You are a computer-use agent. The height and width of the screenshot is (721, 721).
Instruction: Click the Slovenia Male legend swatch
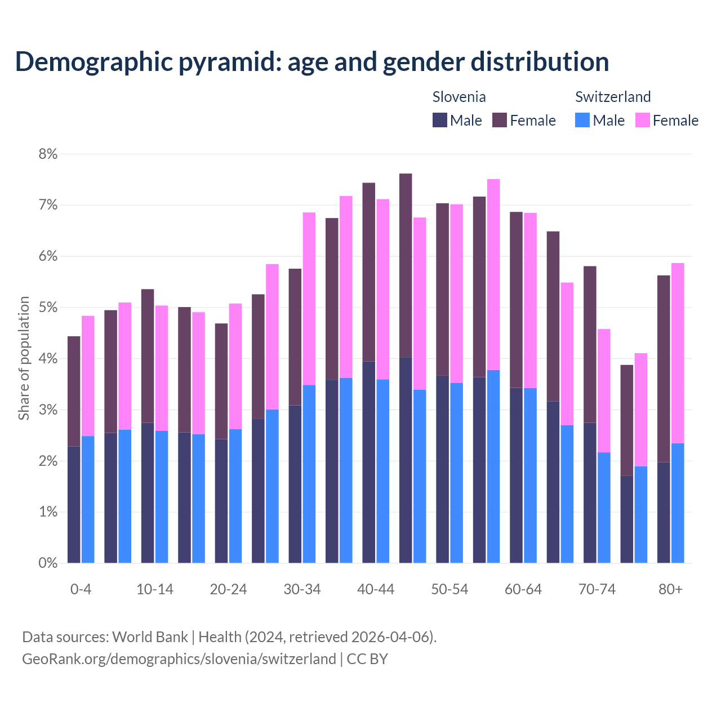coord(439,120)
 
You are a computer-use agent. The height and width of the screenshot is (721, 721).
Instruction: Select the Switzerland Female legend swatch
coord(642,120)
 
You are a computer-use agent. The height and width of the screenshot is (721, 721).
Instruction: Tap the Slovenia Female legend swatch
coord(500,120)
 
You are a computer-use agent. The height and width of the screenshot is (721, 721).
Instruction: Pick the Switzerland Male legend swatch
coord(582,120)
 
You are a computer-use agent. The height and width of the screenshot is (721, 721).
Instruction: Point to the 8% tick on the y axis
coord(48,154)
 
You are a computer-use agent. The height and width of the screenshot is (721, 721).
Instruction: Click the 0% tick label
coord(48,563)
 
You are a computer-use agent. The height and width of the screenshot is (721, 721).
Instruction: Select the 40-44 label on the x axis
coord(376,590)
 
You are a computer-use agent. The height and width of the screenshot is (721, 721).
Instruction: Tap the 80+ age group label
coord(670,590)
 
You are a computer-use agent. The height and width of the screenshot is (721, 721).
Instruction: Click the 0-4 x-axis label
coord(81,590)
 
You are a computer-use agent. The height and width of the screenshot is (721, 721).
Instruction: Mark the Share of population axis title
coord(24,358)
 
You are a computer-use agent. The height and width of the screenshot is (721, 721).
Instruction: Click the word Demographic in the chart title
coord(94,62)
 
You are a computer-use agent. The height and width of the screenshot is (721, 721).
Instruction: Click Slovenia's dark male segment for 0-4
coord(74,504)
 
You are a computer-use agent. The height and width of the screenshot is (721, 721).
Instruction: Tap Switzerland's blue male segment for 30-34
coord(309,474)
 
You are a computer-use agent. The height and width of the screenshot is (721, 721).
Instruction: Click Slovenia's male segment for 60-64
coord(516,475)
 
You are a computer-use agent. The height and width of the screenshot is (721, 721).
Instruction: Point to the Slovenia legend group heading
coord(459,97)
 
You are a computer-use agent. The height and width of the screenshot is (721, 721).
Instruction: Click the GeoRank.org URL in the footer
coord(179,659)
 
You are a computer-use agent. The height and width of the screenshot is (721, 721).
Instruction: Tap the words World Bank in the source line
coord(150,637)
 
